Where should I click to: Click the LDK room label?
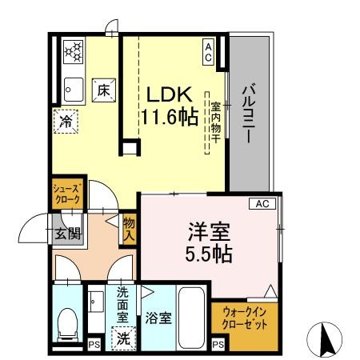pos(170,94)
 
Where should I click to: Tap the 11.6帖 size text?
pos(170,117)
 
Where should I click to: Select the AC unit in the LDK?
pos(208,52)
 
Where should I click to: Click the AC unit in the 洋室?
pos(262,204)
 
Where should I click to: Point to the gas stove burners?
pos(74,51)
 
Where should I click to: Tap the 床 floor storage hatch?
pos(104,90)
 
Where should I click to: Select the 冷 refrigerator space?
pos(66,122)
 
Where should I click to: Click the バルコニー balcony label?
pos(249,114)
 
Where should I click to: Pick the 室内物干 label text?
pos(216,122)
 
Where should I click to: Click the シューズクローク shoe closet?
pos(68,194)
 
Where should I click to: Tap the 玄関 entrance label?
pos(68,234)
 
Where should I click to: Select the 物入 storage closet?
pos(130,230)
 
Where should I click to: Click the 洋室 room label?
pos(209,232)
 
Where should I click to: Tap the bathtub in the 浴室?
pos(191,318)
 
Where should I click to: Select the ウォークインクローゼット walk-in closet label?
pos(245,318)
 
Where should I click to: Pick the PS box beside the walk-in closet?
pos(218,345)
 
